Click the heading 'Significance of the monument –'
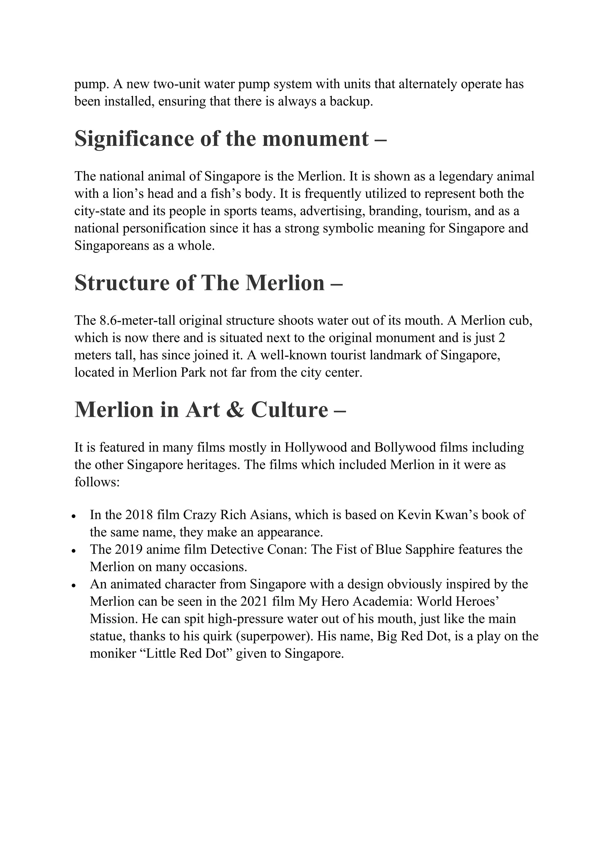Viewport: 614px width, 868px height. tap(231, 139)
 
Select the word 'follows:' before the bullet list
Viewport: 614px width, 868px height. tap(97, 482)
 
